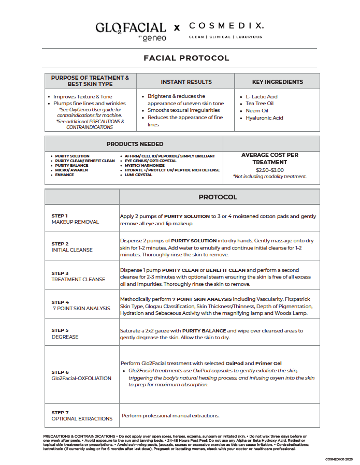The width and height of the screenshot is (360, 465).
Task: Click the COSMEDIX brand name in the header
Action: (x=226, y=25)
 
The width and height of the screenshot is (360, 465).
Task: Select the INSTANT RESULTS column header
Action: (x=186, y=82)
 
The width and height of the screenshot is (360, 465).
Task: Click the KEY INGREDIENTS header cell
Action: (x=278, y=82)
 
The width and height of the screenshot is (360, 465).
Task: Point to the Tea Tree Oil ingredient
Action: (x=260, y=104)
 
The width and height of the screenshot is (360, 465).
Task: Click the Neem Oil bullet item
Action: (x=257, y=111)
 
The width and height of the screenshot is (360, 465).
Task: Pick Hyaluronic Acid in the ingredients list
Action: (x=264, y=118)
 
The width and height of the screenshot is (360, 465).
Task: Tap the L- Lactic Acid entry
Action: (x=262, y=97)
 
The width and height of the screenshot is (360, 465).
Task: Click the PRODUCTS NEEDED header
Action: (x=135, y=144)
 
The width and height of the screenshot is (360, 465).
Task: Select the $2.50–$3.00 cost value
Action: (x=269, y=170)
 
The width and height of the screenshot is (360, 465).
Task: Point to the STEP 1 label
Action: (x=60, y=216)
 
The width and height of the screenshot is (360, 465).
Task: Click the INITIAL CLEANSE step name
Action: (x=72, y=250)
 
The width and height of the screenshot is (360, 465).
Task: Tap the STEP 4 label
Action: (x=60, y=302)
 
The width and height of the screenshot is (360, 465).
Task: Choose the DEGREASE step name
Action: (x=65, y=337)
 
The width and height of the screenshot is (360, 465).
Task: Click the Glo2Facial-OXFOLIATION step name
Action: (x=81, y=379)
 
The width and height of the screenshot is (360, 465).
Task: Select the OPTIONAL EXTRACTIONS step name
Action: (x=82, y=419)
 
